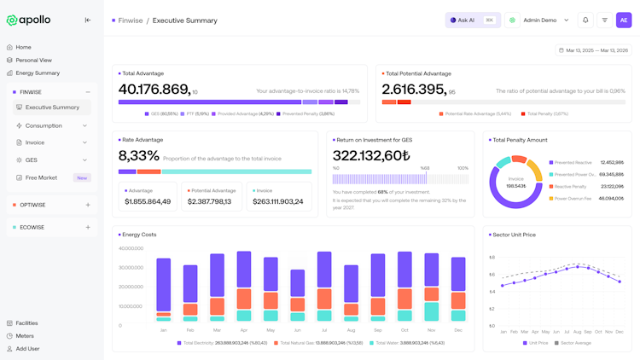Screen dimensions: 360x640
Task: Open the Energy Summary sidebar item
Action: (x=38, y=73)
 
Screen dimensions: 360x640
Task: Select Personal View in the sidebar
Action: (x=34, y=61)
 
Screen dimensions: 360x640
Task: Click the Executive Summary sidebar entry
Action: (x=52, y=107)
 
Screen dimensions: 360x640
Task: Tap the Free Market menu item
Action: (x=41, y=177)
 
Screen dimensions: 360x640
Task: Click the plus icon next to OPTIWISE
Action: (x=88, y=205)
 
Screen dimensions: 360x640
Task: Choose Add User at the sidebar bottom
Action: (x=27, y=349)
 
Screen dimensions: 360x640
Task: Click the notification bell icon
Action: (x=585, y=20)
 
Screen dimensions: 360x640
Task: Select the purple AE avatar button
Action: (x=624, y=20)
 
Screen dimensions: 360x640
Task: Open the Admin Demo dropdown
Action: (x=545, y=20)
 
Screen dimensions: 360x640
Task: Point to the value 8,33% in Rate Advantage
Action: (x=138, y=155)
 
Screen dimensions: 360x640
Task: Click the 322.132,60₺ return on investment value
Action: (x=371, y=155)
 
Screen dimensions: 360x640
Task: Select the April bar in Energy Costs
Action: (x=244, y=286)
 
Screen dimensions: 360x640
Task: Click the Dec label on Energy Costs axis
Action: (x=458, y=330)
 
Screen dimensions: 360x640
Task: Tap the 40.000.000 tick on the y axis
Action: (x=131, y=249)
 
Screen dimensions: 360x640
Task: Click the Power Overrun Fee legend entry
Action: (x=573, y=198)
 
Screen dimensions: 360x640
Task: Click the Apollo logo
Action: (x=29, y=20)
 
